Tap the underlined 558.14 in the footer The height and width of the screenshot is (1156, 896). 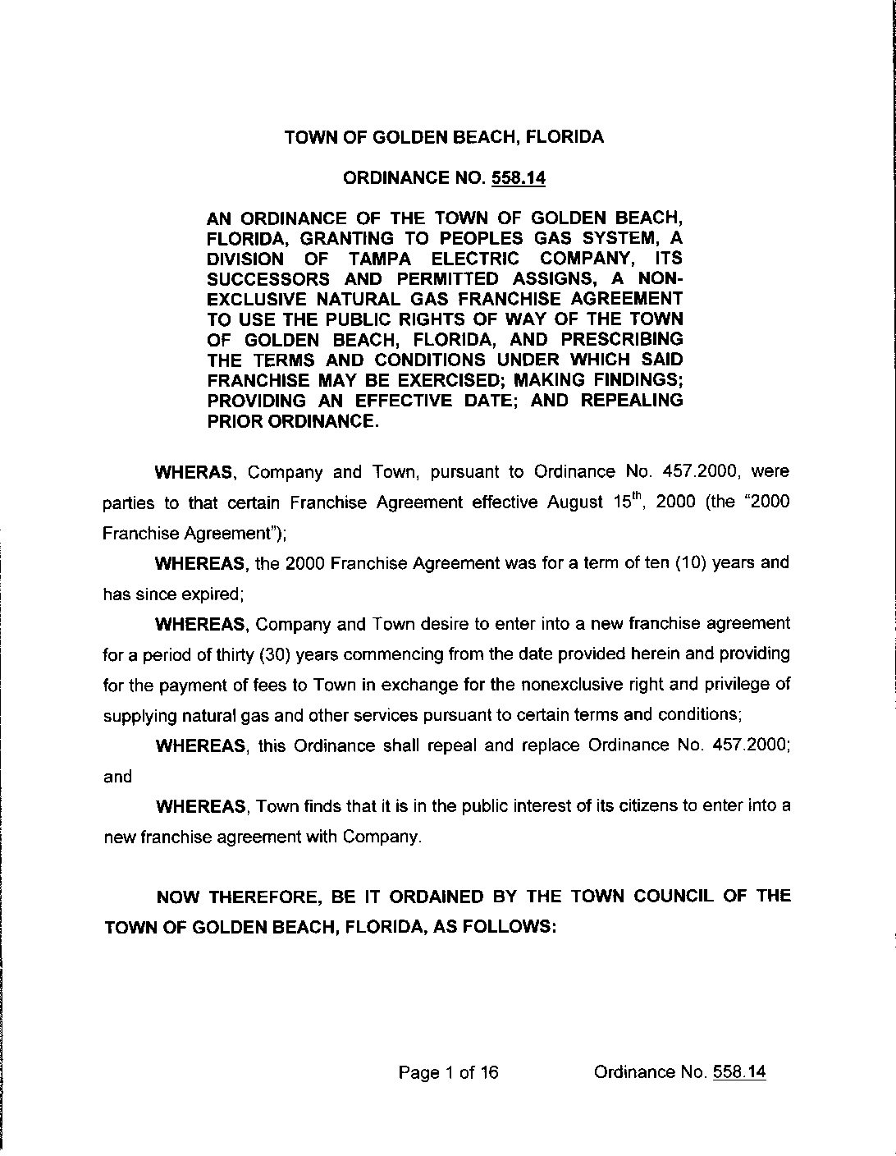point(739,1072)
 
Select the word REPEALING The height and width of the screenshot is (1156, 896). point(632,401)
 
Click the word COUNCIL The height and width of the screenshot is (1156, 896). point(673,896)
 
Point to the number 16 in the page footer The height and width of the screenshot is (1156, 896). point(489,1072)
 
